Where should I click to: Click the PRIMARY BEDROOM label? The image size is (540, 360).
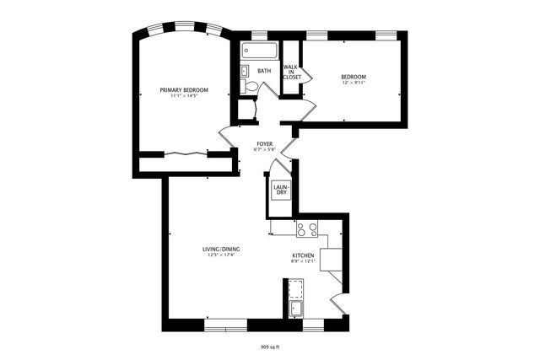184,89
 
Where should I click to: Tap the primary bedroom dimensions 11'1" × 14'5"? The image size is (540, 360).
184,97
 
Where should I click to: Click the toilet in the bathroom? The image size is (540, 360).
250,86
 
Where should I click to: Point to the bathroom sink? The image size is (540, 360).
244,71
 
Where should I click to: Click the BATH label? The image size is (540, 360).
264,71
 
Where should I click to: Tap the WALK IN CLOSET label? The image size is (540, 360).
291,72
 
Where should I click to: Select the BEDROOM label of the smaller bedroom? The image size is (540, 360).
354,77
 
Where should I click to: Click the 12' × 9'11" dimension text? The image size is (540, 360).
354,83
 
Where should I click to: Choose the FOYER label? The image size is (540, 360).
264,144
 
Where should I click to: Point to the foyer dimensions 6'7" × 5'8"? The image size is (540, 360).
264,151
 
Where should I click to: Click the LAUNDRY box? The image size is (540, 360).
280,191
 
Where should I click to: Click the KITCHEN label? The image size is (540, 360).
304,255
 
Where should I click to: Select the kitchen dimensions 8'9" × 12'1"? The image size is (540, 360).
304,262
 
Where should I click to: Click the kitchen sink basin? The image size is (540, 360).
296,309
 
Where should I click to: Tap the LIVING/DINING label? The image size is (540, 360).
221,249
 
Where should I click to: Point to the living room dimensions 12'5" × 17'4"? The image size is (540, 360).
221,255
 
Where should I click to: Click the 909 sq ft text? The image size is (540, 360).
270,347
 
